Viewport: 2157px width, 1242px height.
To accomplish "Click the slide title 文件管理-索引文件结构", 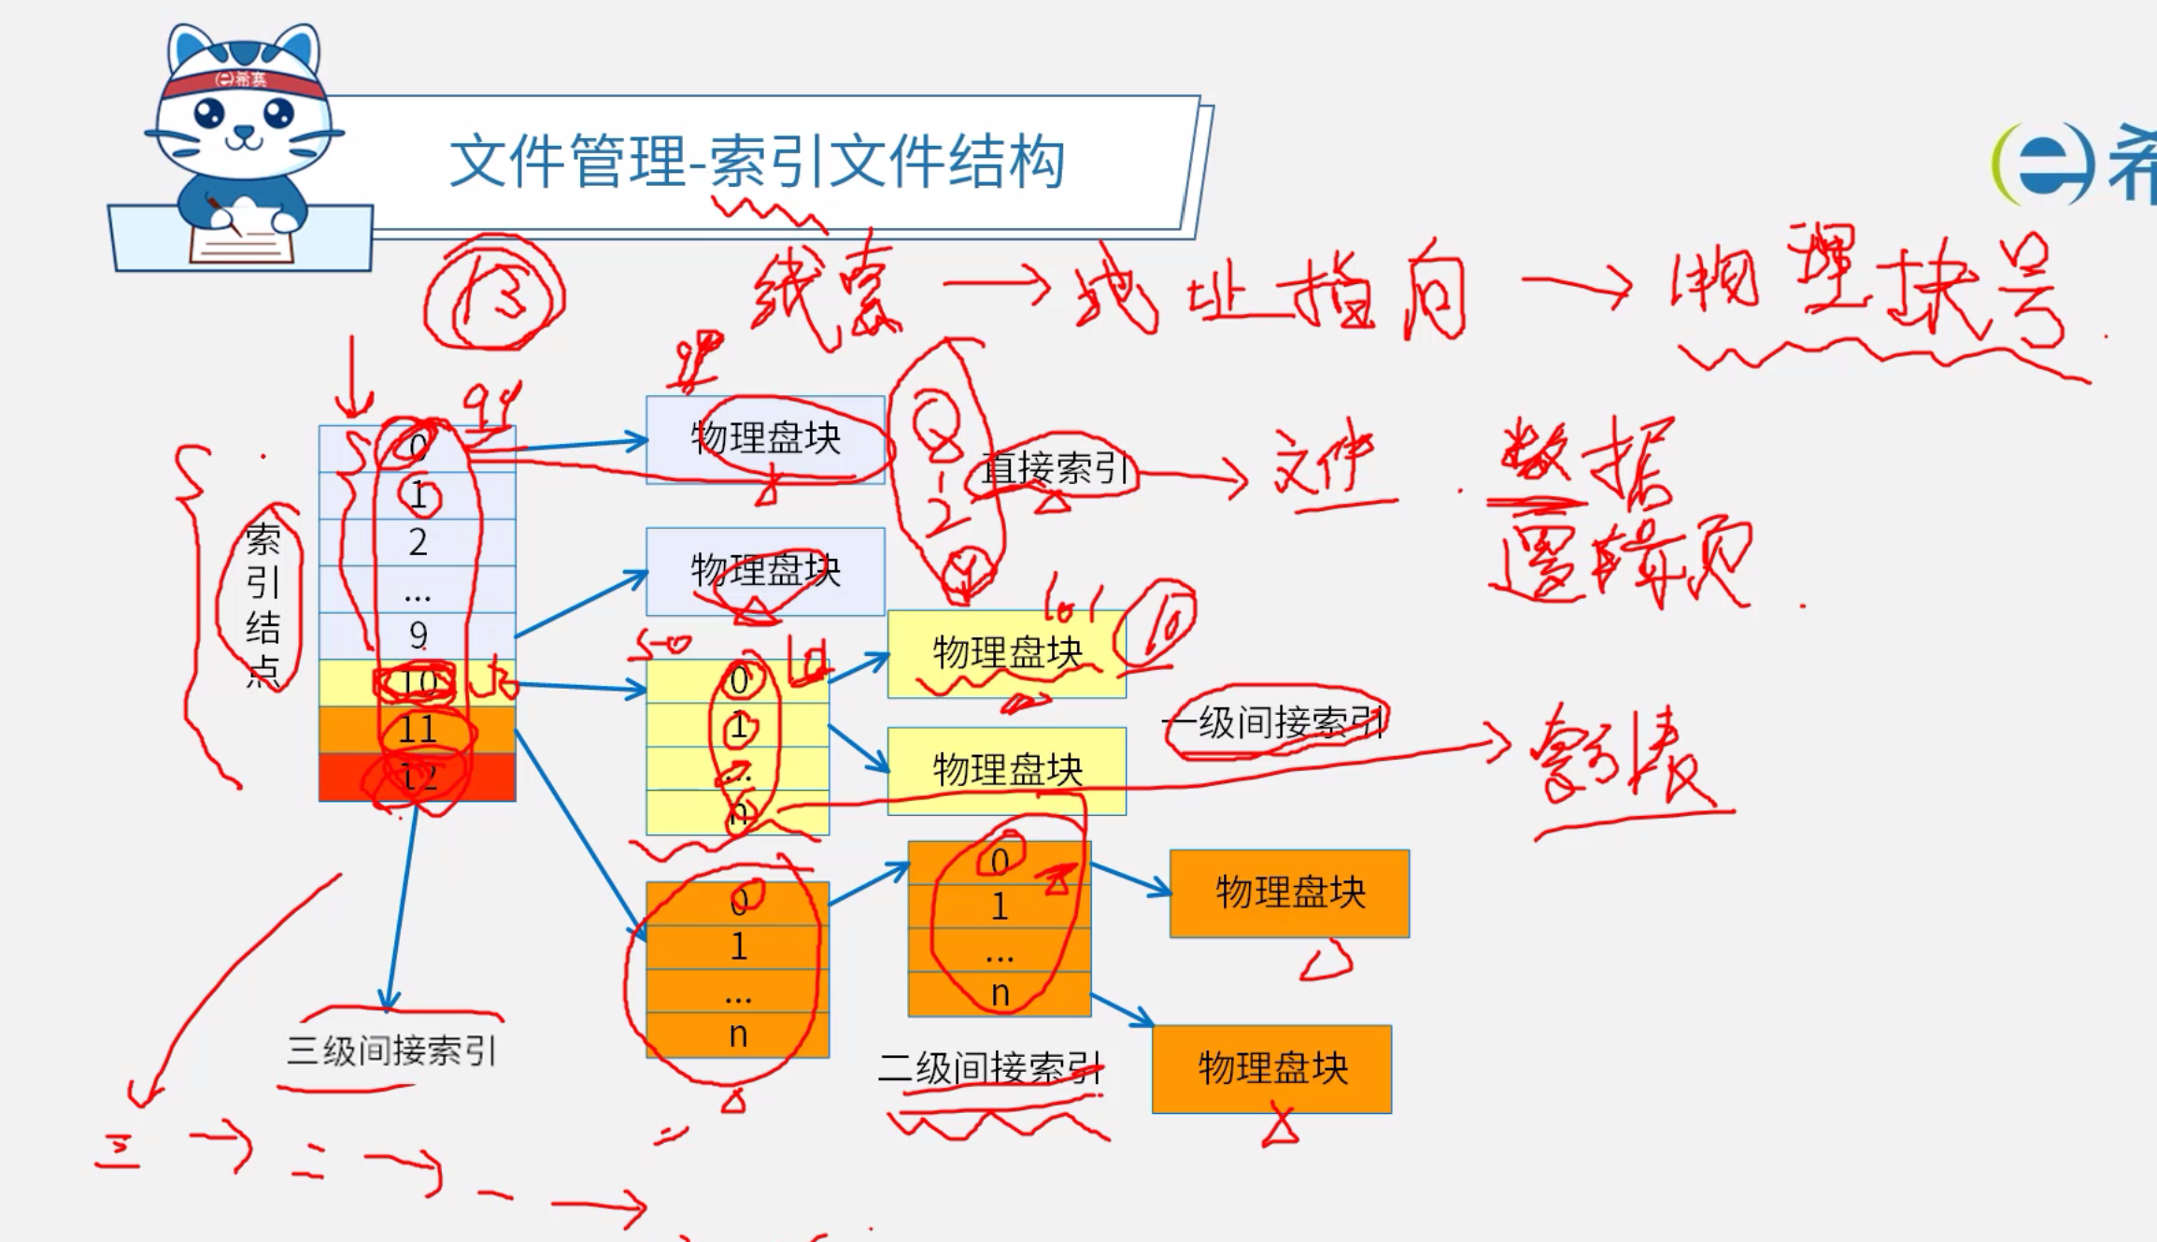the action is point(757,162).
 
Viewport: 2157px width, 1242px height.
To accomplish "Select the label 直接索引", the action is point(1056,468).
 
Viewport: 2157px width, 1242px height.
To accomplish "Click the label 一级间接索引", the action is point(1274,722).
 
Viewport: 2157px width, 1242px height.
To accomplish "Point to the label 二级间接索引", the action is point(990,1067).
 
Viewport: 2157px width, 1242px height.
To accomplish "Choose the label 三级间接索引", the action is point(391,1050).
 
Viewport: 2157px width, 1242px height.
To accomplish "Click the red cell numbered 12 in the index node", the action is point(418,777).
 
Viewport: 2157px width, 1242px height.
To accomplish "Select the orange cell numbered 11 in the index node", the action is point(418,730).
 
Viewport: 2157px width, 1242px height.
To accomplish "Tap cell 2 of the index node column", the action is point(418,542).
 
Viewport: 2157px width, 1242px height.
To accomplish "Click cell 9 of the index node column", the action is point(418,635).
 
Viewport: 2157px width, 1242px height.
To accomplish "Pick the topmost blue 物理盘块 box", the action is point(765,438).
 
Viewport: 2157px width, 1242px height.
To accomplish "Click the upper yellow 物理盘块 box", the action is point(1006,653).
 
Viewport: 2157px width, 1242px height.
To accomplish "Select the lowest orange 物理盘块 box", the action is point(1271,1068).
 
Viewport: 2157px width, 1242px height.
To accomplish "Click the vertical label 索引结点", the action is point(263,603).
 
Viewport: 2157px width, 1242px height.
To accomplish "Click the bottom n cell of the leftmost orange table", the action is point(738,1035).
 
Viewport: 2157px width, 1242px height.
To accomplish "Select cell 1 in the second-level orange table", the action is point(1000,907).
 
